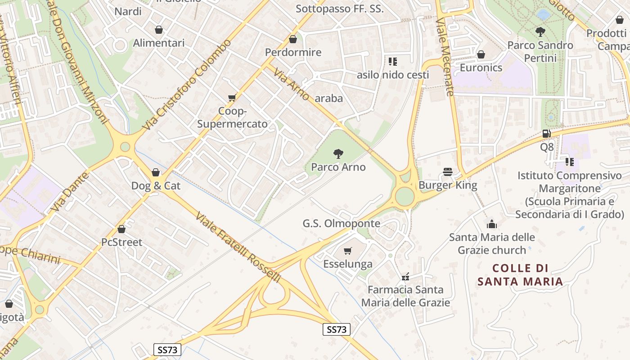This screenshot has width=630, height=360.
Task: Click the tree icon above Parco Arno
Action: [x=338, y=154]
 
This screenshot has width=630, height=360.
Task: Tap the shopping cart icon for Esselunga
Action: [x=347, y=251]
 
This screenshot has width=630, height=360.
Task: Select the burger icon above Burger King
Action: [x=447, y=172]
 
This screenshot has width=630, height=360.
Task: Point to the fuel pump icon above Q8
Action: [x=547, y=134]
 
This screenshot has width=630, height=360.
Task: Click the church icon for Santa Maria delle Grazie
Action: [x=492, y=224]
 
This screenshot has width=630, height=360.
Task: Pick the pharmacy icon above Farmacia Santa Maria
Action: [x=405, y=276]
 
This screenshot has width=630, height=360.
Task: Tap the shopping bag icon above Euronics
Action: [x=481, y=54]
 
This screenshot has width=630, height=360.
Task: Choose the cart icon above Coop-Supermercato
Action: [x=232, y=98]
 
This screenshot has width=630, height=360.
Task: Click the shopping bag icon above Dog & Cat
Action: [x=156, y=172]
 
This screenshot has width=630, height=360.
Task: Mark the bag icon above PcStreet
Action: [x=121, y=229]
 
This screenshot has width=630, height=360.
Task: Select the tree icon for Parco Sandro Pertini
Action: [x=540, y=32]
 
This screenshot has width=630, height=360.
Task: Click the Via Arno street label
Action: [x=292, y=84]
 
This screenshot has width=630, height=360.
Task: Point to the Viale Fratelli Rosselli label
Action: [x=238, y=247]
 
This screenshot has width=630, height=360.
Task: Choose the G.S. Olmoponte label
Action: [x=341, y=224]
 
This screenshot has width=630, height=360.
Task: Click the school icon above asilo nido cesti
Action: [x=393, y=61]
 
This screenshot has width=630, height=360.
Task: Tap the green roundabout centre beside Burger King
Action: [x=405, y=196]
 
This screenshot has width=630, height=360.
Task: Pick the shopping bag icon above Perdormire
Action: [x=293, y=39]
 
